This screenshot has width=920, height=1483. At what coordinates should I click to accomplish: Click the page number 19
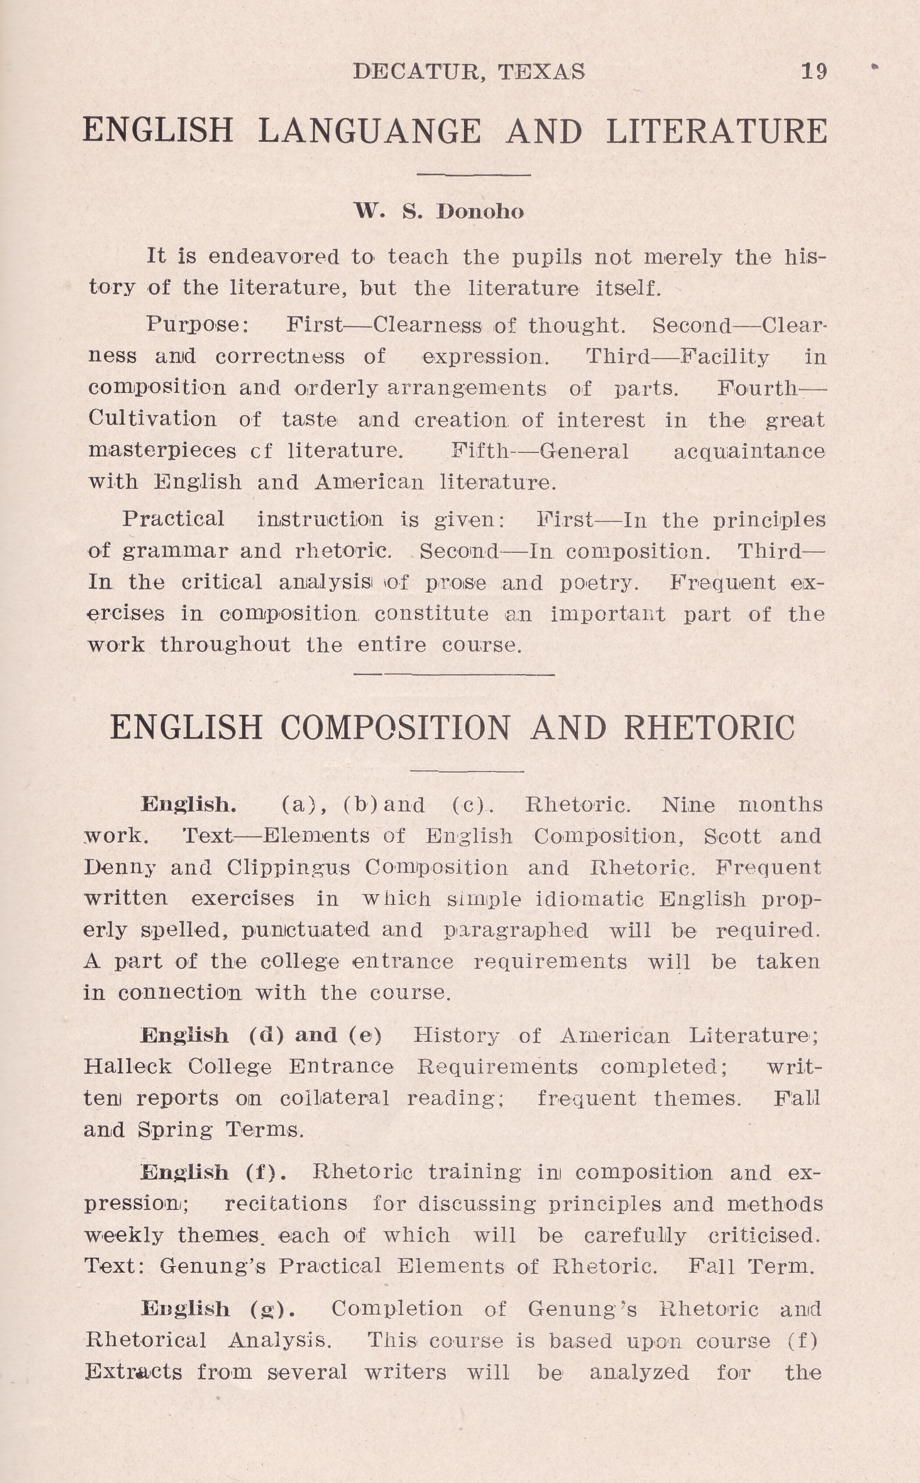click(x=814, y=72)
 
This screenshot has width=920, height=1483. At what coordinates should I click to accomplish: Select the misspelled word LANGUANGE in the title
click(x=369, y=131)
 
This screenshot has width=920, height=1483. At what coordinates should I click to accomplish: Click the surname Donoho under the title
click(x=480, y=212)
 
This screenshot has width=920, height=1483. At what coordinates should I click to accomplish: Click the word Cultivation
click(x=152, y=419)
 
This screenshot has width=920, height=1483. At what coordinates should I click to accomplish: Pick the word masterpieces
click(x=162, y=451)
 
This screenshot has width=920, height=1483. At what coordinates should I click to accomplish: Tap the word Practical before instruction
click(x=173, y=519)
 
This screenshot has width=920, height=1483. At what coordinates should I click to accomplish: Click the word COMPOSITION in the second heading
click(x=395, y=727)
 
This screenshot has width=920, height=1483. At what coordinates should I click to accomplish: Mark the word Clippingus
click(x=288, y=867)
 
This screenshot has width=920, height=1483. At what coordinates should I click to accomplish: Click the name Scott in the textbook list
click(x=732, y=836)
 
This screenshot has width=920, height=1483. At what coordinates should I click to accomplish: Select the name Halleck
click(x=128, y=1066)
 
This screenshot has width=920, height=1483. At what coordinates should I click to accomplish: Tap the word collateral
click(x=334, y=1098)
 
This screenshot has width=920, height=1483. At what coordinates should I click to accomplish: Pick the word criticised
click(x=764, y=1235)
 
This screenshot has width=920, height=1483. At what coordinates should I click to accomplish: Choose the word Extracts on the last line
click(x=133, y=1371)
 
